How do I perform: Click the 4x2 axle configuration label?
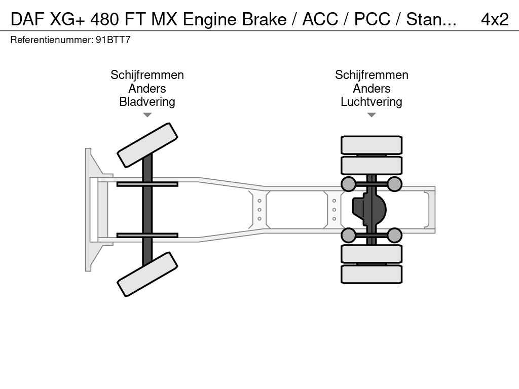(494, 19)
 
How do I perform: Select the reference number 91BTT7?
(113, 40)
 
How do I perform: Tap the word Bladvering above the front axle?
(147, 102)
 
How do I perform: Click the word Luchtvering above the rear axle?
(371, 102)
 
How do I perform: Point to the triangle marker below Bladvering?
(147, 115)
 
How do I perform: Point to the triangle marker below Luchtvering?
(371, 115)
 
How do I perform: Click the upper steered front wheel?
(147, 145)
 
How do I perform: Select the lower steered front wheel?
(147, 274)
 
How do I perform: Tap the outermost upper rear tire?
(371, 145)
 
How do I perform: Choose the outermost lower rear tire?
(371, 274)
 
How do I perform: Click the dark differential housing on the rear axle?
(370, 209)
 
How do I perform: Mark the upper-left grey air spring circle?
(348, 184)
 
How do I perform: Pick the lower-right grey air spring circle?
(394, 235)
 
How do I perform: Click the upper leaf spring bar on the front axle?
(147, 184)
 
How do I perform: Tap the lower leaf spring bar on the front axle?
(147, 235)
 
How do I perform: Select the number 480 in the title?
(106, 19)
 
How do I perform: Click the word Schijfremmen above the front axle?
(147, 75)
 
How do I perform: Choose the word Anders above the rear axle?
(371, 89)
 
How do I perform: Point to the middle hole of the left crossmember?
(259, 210)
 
